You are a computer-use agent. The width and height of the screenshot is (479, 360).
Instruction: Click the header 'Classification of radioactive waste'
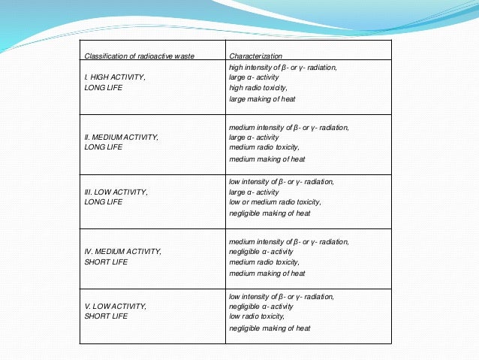139,56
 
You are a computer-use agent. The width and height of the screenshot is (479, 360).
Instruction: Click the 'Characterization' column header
256,56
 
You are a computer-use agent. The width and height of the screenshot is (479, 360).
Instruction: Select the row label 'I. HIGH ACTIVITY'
115,77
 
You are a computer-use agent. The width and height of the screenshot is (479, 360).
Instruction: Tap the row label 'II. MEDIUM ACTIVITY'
121,138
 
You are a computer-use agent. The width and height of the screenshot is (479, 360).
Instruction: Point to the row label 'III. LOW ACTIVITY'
116,192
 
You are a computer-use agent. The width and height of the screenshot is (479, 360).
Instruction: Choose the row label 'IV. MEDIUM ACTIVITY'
122,251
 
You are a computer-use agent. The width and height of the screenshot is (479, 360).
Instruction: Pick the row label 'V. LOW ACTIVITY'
115,307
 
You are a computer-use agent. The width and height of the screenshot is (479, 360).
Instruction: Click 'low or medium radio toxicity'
275,202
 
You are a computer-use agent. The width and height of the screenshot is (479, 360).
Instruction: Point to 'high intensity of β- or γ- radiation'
283,68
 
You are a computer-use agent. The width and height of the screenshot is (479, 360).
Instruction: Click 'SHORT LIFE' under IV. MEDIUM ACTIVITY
106,262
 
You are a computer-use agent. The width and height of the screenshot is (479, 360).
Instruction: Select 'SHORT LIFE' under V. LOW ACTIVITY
106,316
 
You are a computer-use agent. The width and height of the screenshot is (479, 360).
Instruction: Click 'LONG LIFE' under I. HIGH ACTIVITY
103,88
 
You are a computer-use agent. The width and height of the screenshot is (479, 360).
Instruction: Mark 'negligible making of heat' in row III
270,213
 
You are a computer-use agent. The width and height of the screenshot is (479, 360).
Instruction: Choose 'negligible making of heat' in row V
270,328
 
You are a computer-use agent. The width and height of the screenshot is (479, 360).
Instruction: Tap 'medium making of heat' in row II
267,159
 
